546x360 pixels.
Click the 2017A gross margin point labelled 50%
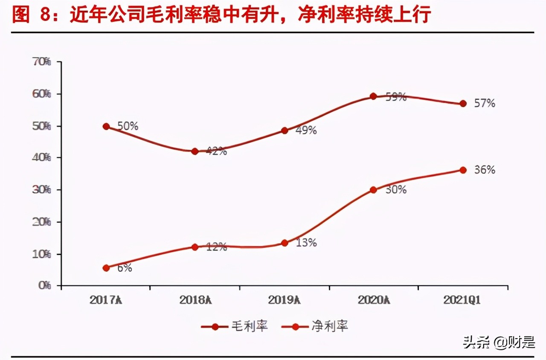point(106,126)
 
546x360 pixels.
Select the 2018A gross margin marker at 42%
point(195,151)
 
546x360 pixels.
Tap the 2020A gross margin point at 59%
point(373,96)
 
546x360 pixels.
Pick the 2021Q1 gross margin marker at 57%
point(463,104)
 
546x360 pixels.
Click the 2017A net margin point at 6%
point(106,268)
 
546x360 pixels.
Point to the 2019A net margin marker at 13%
point(285,243)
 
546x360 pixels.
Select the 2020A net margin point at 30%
point(373,190)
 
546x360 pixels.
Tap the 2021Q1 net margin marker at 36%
point(463,170)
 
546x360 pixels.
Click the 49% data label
point(305,131)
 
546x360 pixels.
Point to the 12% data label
point(216,247)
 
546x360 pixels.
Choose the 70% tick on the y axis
point(42,62)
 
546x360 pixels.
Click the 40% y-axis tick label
point(42,158)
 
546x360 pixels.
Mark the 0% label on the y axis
point(44,285)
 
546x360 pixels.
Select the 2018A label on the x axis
point(195,300)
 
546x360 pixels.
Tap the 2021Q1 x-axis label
point(462,300)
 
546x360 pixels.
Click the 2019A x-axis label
point(284,300)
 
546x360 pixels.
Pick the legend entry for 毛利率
point(235,327)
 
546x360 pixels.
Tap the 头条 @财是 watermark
point(499,342)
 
